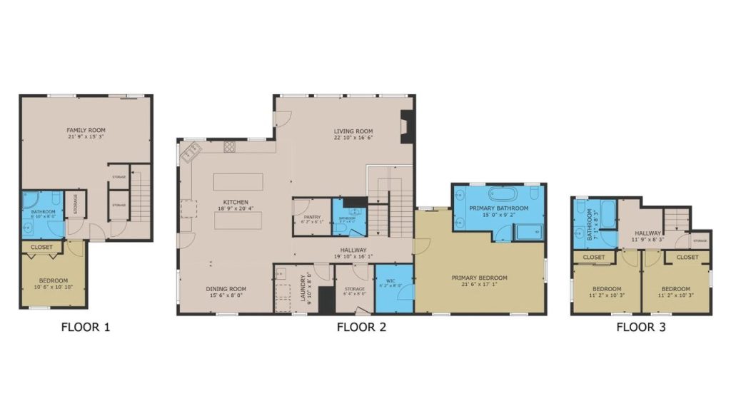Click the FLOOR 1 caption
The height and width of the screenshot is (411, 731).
86,328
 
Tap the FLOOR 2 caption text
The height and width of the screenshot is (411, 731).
361,328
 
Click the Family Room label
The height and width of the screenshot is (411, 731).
86,130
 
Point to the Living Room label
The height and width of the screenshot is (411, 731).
353,131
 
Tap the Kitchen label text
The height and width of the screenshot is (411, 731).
235,202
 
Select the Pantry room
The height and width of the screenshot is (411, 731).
312,218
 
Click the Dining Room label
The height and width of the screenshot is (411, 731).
226,289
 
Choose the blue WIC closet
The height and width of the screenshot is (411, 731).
393,289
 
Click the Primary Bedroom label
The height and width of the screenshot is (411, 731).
479,278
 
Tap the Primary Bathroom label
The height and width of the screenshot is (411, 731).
499,208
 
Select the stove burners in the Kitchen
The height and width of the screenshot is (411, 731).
230,147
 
